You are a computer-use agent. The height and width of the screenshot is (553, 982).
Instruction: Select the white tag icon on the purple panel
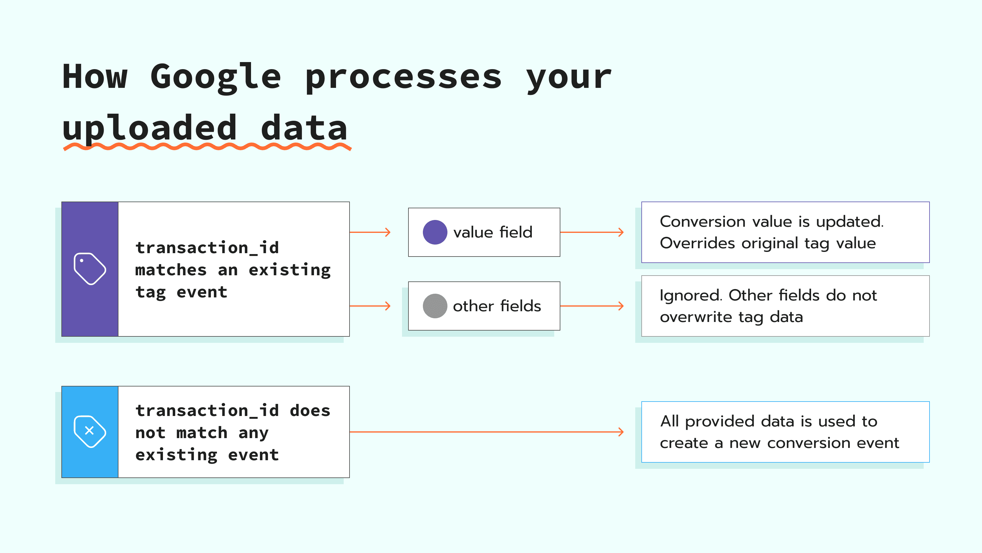[90, 269]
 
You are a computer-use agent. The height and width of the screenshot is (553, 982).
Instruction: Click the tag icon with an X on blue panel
[90, 431]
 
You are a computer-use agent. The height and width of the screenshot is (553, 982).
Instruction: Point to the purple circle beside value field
[435, 232]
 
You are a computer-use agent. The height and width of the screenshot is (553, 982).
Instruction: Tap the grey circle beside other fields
[435, 306]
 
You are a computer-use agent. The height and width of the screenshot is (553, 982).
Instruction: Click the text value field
[493, 232]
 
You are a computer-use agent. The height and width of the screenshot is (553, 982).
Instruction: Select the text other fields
[497, 306]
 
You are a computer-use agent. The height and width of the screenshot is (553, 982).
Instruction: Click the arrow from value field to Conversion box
[592, 232]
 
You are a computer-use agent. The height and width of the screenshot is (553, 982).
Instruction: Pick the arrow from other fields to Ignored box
[592, 306]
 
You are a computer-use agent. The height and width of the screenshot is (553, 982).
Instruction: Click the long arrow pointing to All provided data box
[486, 432]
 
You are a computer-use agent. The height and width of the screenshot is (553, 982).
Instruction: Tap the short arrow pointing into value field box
[370, 232]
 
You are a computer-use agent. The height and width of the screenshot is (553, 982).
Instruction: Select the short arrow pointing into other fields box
[370, 306]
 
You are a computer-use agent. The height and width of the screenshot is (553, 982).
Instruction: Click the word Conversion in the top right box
[702, 221]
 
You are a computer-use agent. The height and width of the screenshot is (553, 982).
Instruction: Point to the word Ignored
[690, 295]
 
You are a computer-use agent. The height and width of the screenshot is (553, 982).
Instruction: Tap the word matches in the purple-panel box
[171, 270]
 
